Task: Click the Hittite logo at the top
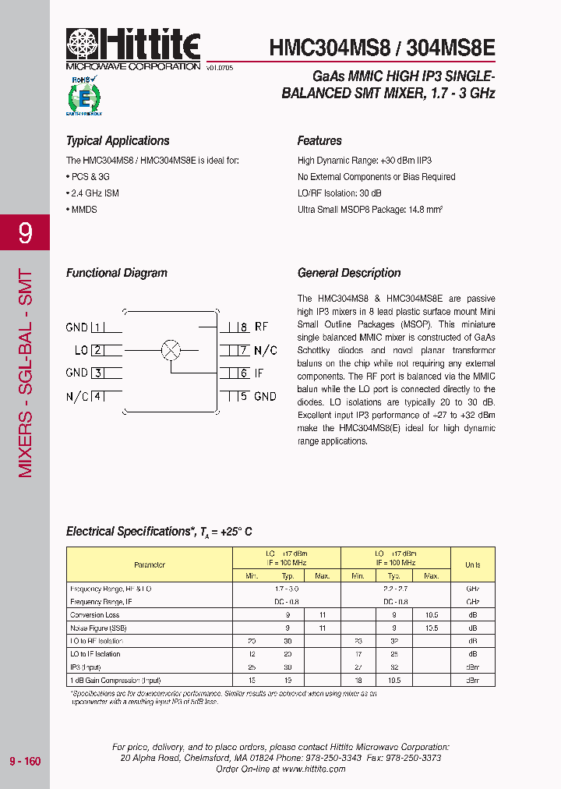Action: click(x=133, y=46)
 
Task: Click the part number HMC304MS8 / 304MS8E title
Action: click(x=382, y=48)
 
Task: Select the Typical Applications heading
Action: click(x=118, y=141)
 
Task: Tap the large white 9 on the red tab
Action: click(x=25, y=233)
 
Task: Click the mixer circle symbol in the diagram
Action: click(x=171, y=350)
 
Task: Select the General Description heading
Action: click(x=349, y=273)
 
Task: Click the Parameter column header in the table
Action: click(x=150, y=564)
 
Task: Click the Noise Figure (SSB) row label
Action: click(x=98, y=628)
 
